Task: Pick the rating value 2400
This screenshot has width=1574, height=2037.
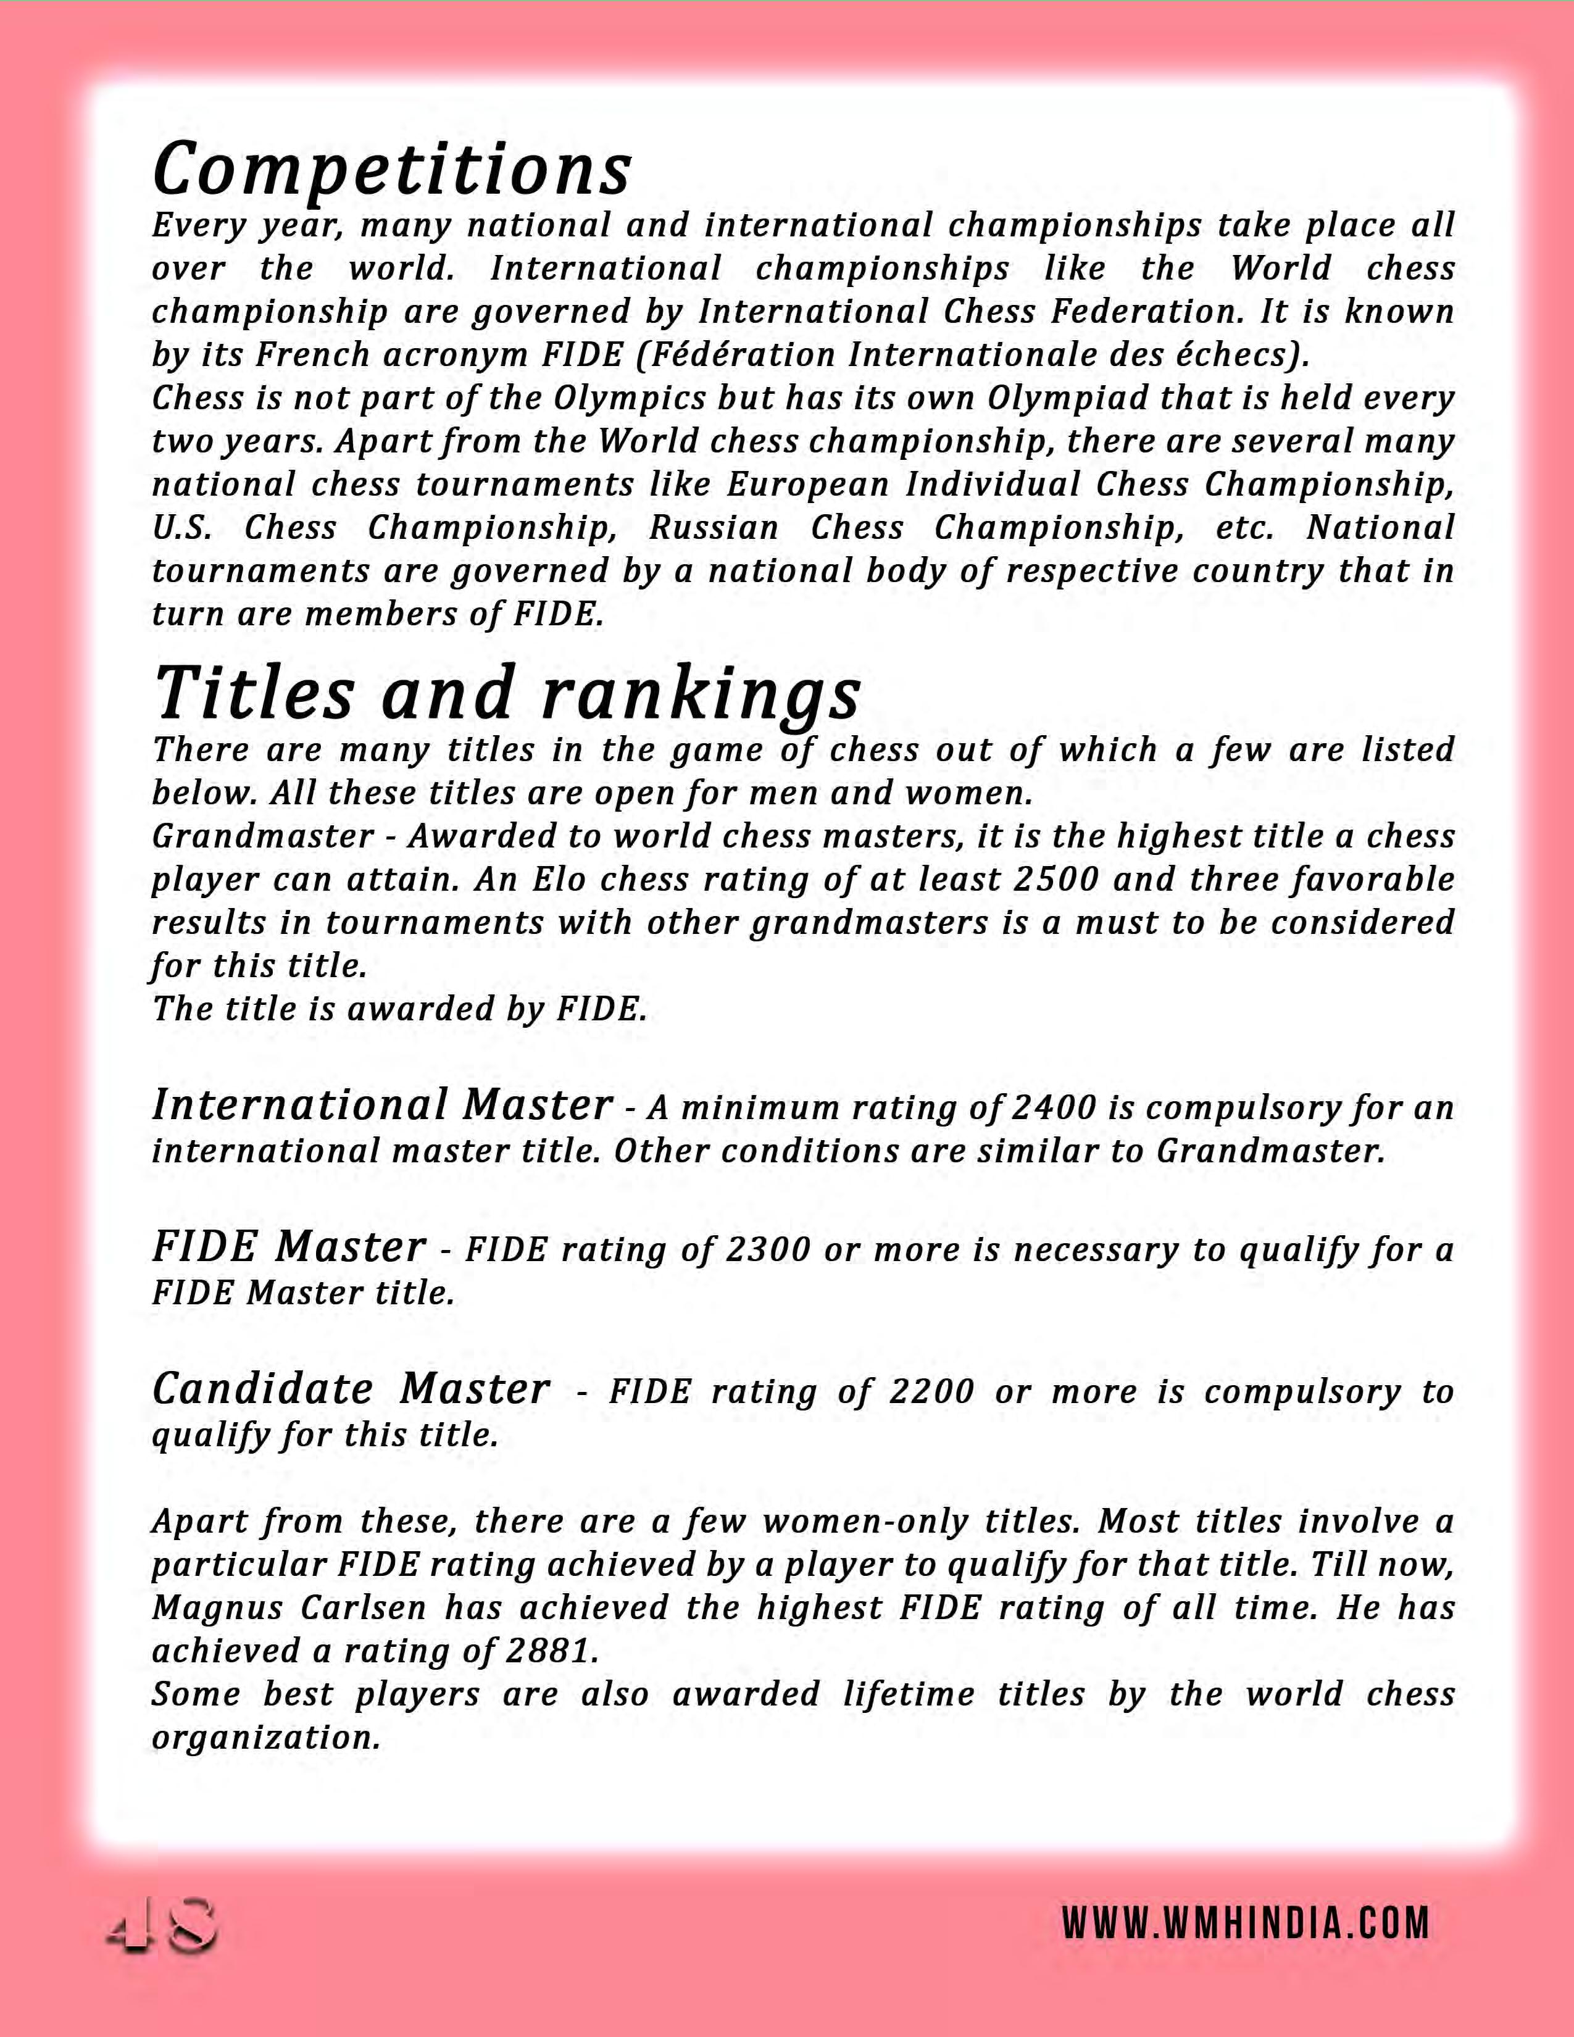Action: [1054, 1108]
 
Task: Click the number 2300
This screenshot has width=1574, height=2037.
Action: [767, 1250]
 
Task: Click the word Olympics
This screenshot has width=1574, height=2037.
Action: [630, 398]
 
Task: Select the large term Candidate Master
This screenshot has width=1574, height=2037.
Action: [351, 1389]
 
